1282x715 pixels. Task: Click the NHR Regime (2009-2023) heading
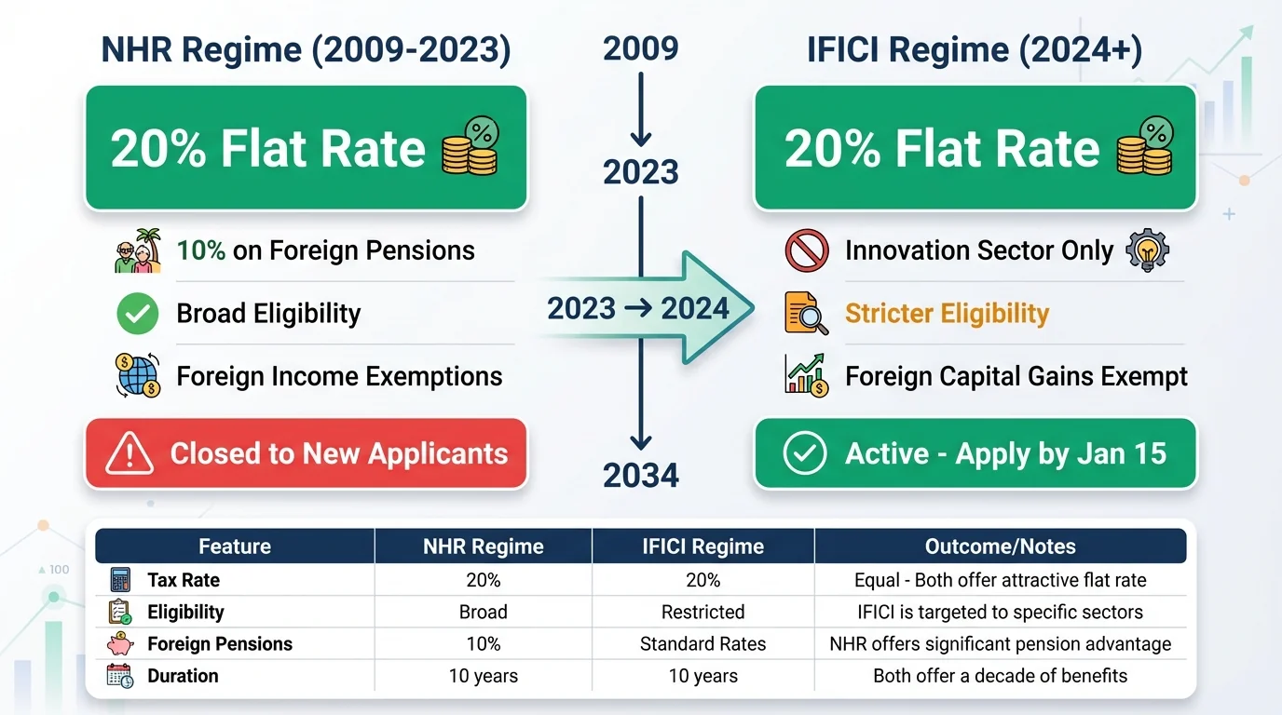point(306,49)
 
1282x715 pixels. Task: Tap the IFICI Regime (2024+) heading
point(975,49)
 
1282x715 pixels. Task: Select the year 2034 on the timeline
point(640,476)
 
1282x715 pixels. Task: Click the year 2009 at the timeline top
point(640,48)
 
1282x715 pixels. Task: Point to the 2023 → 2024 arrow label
point(638,308)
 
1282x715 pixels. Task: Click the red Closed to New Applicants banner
point(306,454)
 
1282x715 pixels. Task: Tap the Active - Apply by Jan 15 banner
point(975,454)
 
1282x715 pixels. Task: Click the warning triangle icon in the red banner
point(130,455)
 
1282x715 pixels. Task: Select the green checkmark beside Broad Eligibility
point(137,315)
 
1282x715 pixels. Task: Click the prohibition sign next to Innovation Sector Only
point(806,250)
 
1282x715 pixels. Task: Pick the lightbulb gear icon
point(1147,250)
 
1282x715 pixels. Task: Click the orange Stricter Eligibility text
point(947,314)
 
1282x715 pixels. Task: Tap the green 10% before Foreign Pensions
point(201,250)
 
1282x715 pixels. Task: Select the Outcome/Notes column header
point(1000,546)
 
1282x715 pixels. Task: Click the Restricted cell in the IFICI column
point(702,612)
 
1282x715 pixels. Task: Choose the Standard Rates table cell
point(702,644)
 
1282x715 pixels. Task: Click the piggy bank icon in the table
point(120,644)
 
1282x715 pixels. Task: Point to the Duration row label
point(183,676)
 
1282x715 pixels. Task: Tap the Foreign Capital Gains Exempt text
point(1016,377)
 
